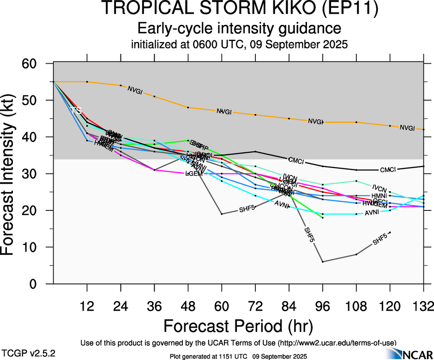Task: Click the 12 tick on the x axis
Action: point(87,306)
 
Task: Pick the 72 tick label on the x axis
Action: point(255,306)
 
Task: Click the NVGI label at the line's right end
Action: point(407,128)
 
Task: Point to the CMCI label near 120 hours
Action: point(388,169)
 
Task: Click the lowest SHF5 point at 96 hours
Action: point(322,262)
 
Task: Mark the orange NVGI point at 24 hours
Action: point(121,85)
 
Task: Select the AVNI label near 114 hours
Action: point(372,213)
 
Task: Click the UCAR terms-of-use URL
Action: point(339,343)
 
